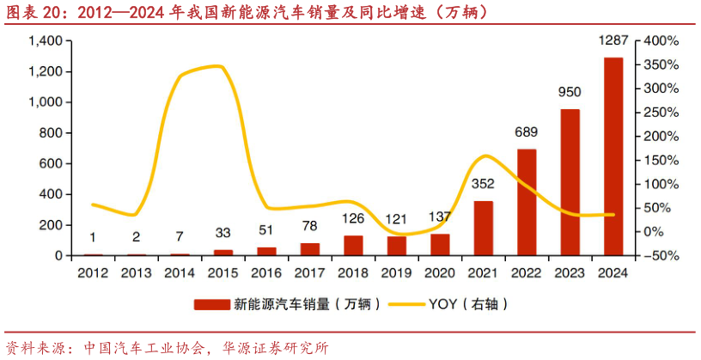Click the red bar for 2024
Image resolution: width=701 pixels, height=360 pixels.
[613, 156]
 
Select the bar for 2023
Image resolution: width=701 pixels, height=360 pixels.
[570, 182]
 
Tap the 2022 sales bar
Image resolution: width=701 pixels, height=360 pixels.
[527, 202]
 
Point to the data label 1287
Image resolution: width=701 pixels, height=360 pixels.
[613, 41]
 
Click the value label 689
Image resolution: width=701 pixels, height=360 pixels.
[527, 132]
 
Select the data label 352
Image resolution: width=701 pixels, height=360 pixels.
[484, 183]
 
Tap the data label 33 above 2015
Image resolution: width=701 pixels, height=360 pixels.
[223, 232]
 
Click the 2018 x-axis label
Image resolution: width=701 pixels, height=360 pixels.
[353, 272]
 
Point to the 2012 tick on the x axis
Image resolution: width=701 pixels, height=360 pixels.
[93, 272]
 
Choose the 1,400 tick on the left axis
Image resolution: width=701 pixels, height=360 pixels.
[46, 41]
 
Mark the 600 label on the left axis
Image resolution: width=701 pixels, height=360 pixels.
[52, 163]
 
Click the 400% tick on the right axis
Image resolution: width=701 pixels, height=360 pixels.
[661, 41]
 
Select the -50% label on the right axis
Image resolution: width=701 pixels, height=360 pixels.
[661, 256]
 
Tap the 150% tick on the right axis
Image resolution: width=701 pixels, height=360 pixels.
[661, 160]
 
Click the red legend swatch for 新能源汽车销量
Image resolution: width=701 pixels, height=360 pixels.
[211, 304]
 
